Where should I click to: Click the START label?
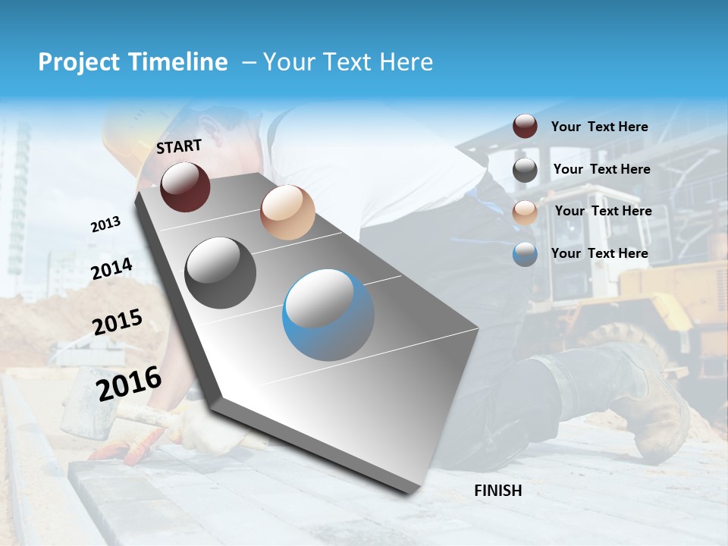tap(179, 146)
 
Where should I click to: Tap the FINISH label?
tap(497, 491)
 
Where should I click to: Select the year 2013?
tap(105, 224)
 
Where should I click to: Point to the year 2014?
tap(111, 269)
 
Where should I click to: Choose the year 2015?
tap(118, 322)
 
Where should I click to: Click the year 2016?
tap(129, 383)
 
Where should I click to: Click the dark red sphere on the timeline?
tap(185, 187)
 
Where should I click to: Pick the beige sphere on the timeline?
tap(287, 212)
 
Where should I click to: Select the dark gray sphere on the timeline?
tap(220, 273)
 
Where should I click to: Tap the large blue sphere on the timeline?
tap(328, 315)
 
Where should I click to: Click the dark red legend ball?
tap(525, 127)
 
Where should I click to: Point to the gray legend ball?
tap(525, 170)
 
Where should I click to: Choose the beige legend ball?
tap(525, 212)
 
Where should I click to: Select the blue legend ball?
tap(525, 254)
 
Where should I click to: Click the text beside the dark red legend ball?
tap(599, 127)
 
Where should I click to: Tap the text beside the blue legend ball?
tap(599, 253)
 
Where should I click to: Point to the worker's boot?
tap(652, 409)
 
